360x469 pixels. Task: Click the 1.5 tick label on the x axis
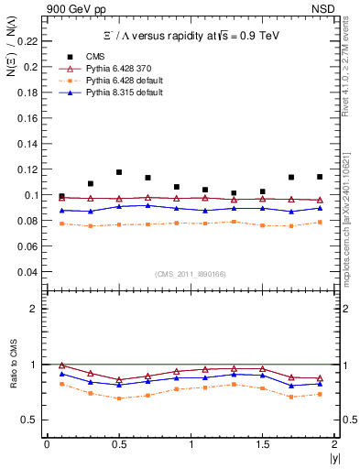point(262,444)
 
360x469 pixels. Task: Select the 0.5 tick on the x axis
point(118,444)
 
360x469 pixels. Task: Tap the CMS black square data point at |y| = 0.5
point(119,172)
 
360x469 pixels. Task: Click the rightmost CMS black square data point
point(320,177)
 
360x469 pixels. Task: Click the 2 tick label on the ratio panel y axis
point(33,309)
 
